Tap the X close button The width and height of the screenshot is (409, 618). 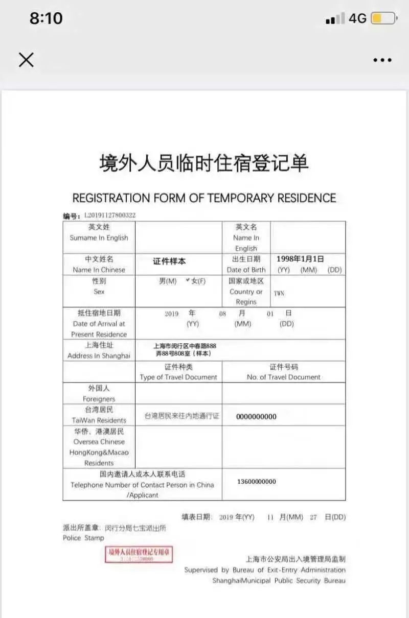tap(26, 60)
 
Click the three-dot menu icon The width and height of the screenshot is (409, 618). tap(382, 60)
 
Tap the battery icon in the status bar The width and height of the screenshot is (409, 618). tap(383, 19)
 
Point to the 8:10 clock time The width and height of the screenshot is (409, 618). tap(46, 18)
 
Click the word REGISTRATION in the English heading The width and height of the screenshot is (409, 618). tap(111, 198)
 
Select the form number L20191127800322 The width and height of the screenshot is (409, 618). tap(109, 216)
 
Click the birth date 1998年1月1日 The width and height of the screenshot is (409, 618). tap(300, 259)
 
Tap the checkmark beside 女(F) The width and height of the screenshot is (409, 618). tap(188, 280)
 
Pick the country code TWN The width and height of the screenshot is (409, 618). tap(279, 293)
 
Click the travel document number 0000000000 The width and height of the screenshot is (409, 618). tap(256, 417)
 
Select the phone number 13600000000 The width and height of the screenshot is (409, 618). tap(257, 482)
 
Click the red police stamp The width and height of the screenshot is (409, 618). tap(139, 555)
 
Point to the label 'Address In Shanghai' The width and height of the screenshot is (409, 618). tap(99, 356)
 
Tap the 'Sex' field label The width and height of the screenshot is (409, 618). tap(99, 292)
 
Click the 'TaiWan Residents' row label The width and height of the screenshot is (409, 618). tap(99, 420)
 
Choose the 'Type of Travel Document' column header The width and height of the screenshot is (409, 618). tap(178, 377)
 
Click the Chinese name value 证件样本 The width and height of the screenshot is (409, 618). tap(169, 262)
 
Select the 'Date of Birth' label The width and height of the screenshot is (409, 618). tap(246, 270)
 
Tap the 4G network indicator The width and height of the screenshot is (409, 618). tap(357, 19)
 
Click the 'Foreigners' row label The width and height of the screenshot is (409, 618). tap(99, 399)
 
